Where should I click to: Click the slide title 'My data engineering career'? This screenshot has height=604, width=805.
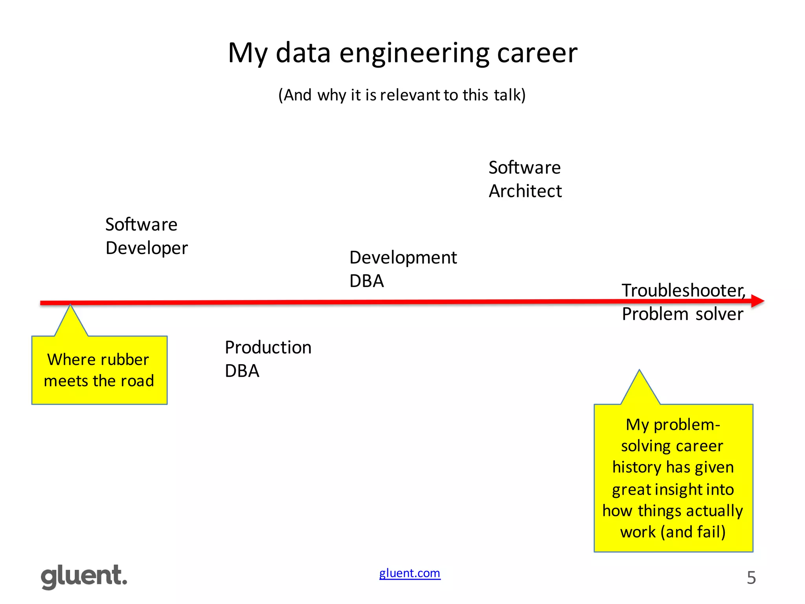402,53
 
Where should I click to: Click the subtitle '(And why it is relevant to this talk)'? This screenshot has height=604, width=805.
402,95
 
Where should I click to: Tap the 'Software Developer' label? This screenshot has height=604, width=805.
146,236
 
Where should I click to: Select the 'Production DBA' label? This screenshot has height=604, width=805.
268,359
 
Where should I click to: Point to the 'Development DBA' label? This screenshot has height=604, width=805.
402,269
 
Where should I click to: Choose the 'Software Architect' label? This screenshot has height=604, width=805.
525,179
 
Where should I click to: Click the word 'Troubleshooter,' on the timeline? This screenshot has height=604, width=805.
683,291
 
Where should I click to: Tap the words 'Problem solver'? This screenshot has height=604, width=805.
682,314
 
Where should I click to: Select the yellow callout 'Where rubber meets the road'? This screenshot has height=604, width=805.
99,370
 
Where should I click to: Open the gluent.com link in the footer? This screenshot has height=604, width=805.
410,573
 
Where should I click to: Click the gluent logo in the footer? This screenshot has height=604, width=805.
84,576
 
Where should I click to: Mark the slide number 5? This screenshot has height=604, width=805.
751,578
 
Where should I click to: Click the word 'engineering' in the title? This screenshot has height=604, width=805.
414,53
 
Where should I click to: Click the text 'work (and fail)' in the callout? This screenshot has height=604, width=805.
673,532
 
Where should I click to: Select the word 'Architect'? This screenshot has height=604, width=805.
525,191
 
